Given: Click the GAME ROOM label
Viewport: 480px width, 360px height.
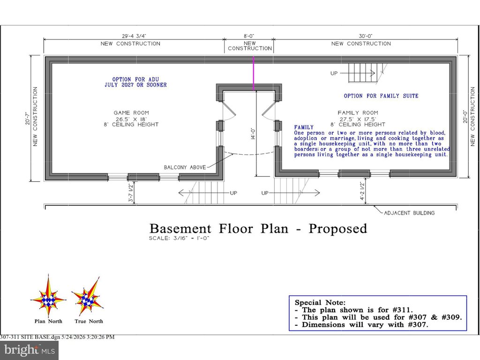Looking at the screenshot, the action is [x=131, y=112].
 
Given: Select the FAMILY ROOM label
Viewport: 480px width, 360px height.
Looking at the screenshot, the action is [x=358, y=112].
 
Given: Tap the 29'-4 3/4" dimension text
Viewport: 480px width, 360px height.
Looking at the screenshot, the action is [x=132, y=36].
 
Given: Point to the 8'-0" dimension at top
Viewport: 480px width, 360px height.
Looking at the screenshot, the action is [x=249, y=36].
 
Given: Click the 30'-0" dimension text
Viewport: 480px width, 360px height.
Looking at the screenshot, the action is [x=366, y=36].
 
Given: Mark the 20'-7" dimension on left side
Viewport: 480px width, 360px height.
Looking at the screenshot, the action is [x=28, y=118].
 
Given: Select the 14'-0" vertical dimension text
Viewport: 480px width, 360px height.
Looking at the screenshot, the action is [x=253, y=134].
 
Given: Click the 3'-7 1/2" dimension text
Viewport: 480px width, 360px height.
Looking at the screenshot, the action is [x=131, y=193].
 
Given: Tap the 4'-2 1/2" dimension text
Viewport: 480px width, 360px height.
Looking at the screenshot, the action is [x=362, y=191].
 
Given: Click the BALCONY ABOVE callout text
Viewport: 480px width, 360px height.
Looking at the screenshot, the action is [x=185, y=167].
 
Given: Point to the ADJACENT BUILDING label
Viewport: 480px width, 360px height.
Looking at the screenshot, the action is [x=409, y=213].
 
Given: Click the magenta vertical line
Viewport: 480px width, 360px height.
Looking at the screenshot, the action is [x=254, y=73].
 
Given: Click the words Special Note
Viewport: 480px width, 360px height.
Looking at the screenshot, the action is [x=320, y=302].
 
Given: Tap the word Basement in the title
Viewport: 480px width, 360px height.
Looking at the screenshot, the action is [x=180, y=229].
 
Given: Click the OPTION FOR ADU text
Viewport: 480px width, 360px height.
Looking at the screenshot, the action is [x=135, y=79].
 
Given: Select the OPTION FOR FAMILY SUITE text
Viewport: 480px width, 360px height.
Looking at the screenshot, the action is [x=381, y=96].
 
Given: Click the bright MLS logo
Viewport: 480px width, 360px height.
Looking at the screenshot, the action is [x=30, y=350].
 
